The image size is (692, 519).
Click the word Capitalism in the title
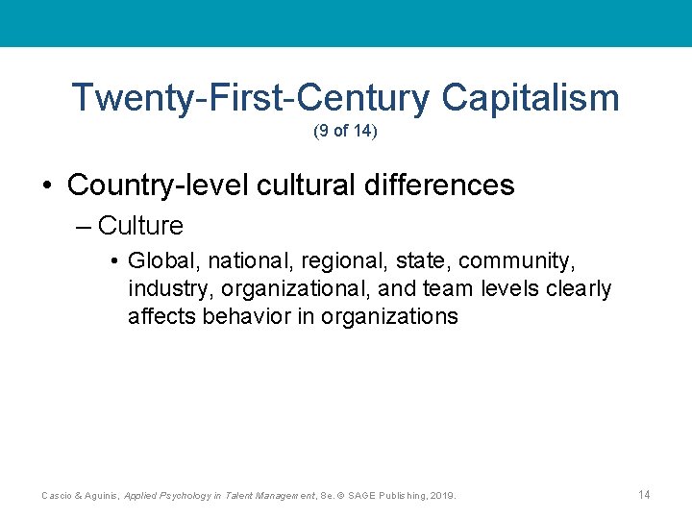click(x=531, y=98)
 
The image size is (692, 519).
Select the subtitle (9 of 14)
click(x=345, y=132)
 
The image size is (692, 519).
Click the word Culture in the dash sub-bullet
click(x=140, y=226)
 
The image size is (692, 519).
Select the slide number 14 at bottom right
click(x=644, y=494)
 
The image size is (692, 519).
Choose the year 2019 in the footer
click(x=442, y=495)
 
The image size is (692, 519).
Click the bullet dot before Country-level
click(x=47, y=185)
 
